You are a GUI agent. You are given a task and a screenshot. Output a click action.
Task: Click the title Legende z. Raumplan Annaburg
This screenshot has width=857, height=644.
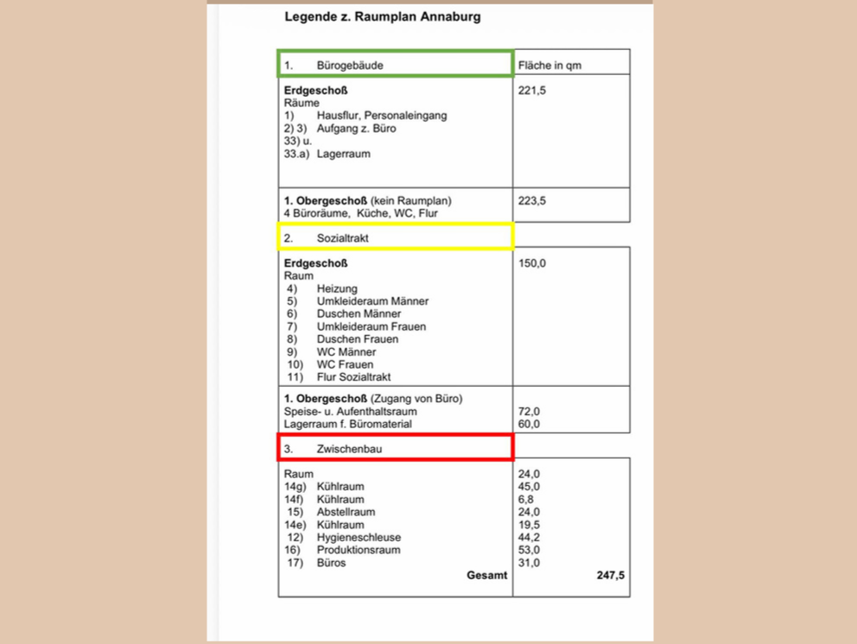point(382,16)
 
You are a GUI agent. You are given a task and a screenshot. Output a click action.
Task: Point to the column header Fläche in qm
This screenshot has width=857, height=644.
point(549,66)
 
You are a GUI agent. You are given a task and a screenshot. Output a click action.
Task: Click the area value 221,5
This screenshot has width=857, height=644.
point(532,90)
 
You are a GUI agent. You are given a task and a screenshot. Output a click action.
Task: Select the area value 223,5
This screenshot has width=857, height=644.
point(532,200)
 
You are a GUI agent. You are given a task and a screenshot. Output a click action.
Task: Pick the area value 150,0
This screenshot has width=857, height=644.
point(532,263)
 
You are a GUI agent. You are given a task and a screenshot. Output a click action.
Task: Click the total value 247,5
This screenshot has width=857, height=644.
point(610,575)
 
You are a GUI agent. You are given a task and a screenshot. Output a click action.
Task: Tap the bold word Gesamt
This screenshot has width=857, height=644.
point(487,575)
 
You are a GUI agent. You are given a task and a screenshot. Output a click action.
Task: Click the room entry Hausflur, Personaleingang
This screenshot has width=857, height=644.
point(382,116)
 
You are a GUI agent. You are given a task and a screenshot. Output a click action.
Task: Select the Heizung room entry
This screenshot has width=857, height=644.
point(337,288)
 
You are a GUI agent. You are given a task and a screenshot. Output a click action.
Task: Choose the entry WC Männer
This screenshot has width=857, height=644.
point(346,352)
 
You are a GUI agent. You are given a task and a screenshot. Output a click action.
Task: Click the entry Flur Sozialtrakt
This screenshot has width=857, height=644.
point(354,377)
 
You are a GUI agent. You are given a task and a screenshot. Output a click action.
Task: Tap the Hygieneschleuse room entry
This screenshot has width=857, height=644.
point(359,537)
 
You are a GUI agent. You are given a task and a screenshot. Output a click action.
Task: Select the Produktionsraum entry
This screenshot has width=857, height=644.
point(359,550)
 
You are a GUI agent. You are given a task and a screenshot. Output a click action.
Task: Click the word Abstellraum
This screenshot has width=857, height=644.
point(346,512)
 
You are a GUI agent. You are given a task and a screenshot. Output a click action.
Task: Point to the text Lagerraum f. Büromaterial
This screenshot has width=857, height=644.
point(348,424)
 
